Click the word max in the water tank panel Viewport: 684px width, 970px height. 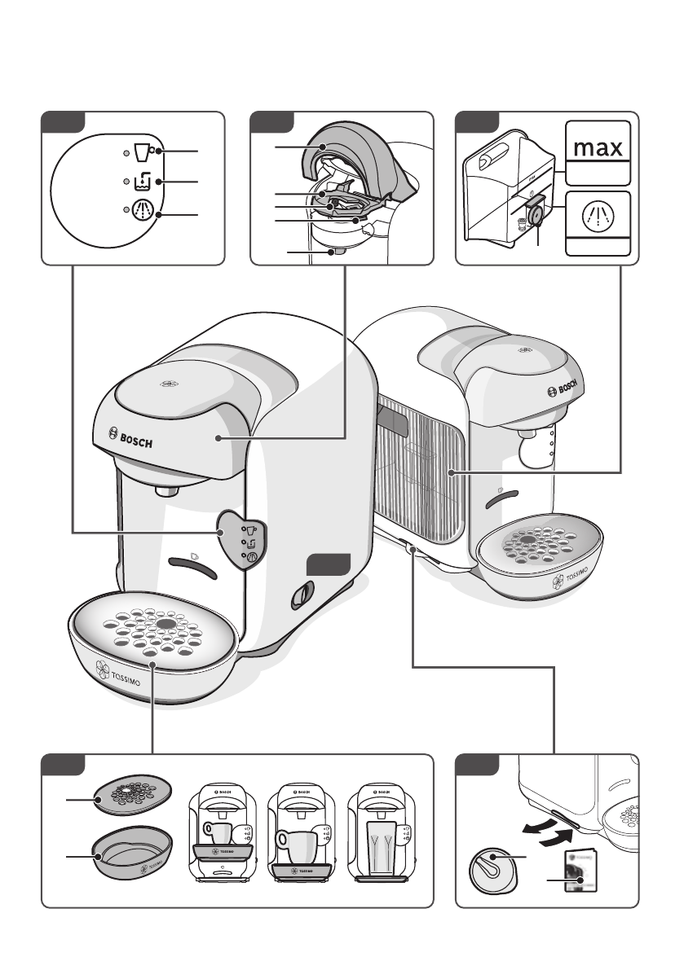[598, 148]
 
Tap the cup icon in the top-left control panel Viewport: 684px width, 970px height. [143, 152]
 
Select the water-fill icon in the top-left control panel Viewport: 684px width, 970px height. [143, 181]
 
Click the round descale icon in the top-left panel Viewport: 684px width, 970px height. [143, 210]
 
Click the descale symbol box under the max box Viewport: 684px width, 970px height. [598, 217]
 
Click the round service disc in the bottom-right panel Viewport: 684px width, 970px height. [492, 871]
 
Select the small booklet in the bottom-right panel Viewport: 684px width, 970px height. [577, 867]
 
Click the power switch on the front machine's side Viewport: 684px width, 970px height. [301, 596]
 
